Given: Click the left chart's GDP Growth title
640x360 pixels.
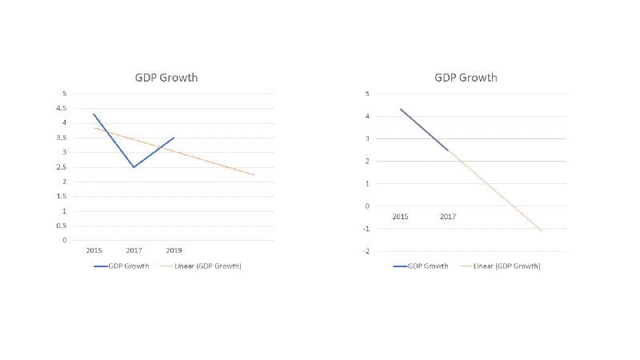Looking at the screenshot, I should tap(166, 78).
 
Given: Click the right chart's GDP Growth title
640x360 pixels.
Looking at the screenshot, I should tap(466, 78).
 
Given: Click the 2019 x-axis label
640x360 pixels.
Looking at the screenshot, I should tap(174, 250).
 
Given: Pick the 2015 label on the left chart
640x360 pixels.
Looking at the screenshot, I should tap(94, 250).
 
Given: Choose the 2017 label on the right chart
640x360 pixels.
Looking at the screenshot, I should tap(448, 217).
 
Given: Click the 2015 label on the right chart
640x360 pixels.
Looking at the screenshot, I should tap(400, 217).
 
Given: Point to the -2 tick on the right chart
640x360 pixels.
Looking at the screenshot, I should tap(366, 251).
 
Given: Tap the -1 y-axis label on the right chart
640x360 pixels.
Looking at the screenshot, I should tap(366, 229).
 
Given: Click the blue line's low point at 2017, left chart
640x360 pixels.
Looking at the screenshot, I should tap(134, 167).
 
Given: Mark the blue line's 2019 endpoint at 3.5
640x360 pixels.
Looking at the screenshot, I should tap(174, 138).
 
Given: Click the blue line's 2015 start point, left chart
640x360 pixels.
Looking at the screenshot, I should tap(94, 114).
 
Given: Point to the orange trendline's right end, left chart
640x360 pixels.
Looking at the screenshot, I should tap(255, 175).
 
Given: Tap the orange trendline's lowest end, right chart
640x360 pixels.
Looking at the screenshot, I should tap(542, 231).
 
